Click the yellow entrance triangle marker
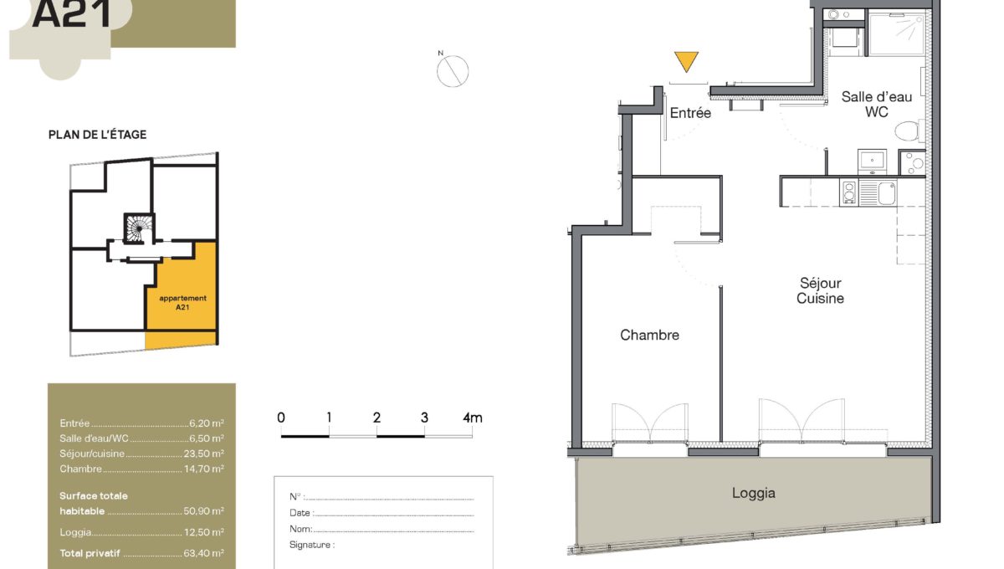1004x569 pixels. point(686,61)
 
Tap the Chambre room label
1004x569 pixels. point(649,335)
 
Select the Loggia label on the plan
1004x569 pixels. point(754,493)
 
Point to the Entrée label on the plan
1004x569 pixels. point(690,113)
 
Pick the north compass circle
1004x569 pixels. point(453,71)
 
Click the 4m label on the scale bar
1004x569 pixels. point(473,418)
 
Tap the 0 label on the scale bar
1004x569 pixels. point(281,418)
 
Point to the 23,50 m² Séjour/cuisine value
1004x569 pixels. point(203,454)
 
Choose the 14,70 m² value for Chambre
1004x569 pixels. point(204,469)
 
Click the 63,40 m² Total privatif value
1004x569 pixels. point(203,553)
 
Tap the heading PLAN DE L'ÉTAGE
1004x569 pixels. point(97,135)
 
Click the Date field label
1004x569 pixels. point(300,512)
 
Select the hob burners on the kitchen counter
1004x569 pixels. point(849,192)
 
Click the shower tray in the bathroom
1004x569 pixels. point(897,34)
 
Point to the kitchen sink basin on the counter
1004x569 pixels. point(887,192)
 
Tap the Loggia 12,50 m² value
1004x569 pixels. point(204,532)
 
